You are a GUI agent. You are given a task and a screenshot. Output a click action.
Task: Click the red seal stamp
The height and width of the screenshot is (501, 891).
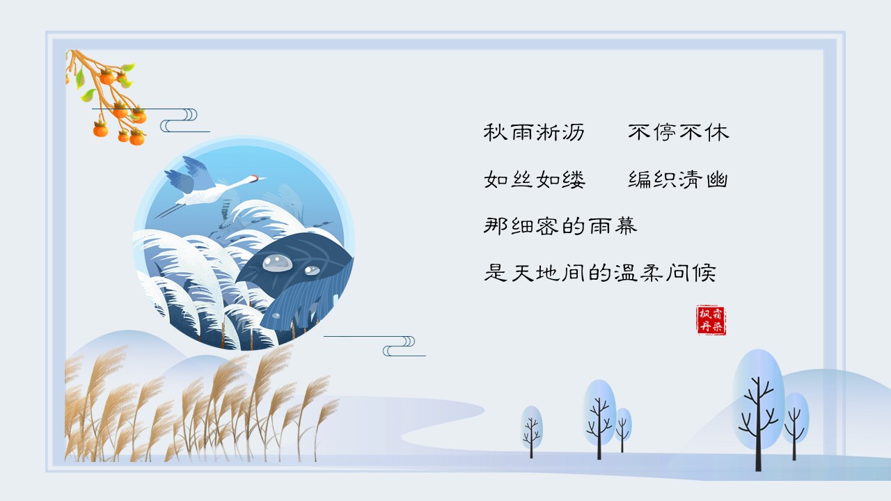point(711,320)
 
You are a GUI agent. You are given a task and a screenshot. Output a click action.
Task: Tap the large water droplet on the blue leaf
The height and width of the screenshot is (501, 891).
point(277,263)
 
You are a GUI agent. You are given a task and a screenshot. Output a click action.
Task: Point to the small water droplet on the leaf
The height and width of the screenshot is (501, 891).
point(312,271)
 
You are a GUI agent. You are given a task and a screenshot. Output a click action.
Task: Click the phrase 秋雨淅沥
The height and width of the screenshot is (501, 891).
point(534,132)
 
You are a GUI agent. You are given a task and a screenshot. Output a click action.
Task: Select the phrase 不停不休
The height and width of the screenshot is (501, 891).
point(679,132)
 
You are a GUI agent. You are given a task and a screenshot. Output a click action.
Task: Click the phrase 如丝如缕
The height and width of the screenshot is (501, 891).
point(534,180)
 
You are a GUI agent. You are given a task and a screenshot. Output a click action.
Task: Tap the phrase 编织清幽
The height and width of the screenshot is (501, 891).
point(678,180)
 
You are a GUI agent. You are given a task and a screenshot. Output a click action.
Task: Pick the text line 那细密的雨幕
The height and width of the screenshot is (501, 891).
point(560,226)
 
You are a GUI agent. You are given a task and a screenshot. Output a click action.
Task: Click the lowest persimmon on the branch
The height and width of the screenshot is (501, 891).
point(137,138)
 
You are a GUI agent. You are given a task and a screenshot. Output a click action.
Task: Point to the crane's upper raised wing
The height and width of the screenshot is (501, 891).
point(198,171)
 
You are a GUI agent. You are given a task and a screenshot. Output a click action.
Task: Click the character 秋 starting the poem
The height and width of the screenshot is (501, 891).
point(495,132)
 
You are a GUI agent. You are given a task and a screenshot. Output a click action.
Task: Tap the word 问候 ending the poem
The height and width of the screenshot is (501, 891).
point(691,273)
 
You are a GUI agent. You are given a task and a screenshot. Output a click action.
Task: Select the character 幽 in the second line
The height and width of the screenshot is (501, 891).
point(717,180)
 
